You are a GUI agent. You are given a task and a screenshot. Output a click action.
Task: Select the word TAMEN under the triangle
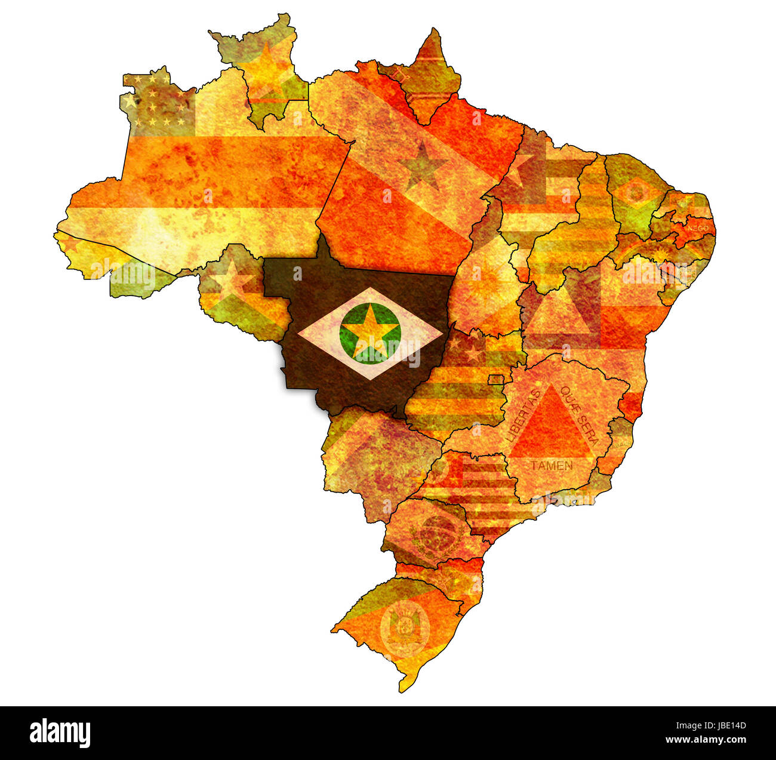tap(552, 466)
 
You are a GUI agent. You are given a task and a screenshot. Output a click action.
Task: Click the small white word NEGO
tap(698, 228)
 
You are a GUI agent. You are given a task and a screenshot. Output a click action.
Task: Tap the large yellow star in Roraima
tap(266, 69)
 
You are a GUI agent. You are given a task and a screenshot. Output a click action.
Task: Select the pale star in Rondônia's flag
tap(230, 281)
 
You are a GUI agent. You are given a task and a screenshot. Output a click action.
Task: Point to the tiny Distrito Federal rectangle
tap(495, 380)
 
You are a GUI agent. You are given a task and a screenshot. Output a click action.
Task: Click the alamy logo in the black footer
tap(60, 733)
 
